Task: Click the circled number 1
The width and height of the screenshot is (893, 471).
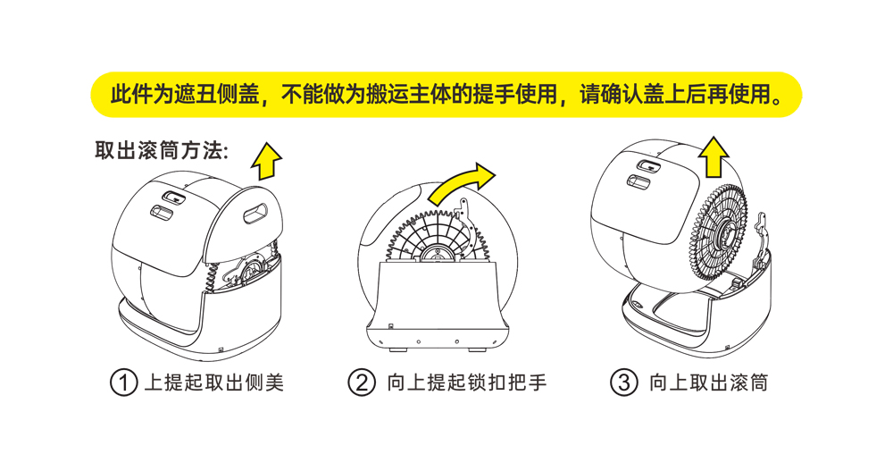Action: [123, 383]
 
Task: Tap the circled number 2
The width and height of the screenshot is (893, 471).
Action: [362, 383]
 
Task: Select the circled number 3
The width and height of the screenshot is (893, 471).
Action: [623, 383]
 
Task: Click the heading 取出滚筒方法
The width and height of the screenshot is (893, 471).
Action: [162, 150]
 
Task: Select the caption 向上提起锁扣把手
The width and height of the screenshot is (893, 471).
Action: [467, 383]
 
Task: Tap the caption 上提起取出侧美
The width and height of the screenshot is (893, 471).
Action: [214, 383]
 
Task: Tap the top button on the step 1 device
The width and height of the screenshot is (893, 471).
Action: [171, 195]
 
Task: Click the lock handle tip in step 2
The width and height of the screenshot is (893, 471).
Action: [463, 211]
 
